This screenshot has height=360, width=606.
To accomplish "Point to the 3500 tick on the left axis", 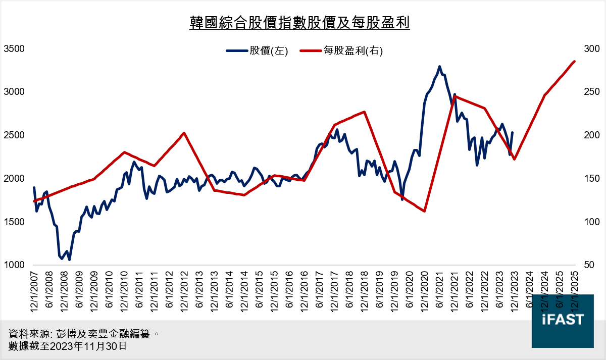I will click(14, 49).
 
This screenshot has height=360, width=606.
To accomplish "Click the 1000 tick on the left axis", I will click(14, 265).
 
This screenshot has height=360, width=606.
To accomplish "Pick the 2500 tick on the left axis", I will click(14, 135).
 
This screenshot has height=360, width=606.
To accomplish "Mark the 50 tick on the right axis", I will click(589, 265).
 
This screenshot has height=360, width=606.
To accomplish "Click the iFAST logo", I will click(563, 320).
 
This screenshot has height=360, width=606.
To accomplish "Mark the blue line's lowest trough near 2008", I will click(69, 260).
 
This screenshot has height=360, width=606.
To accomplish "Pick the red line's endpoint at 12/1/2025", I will click(575, 62).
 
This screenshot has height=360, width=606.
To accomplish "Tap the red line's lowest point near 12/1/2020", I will click(425, 211).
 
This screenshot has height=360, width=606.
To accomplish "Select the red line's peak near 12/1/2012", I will click(184, 133).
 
